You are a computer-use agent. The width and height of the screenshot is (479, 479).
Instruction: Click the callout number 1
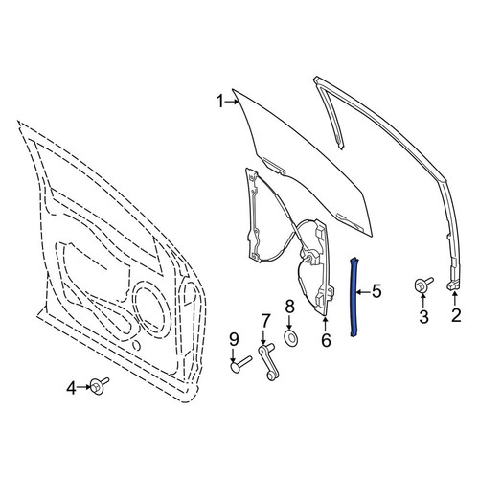[220, 102]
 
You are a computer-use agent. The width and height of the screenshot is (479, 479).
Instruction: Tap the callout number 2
[456, 315]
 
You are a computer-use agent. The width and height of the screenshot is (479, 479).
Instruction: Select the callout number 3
[423, 316]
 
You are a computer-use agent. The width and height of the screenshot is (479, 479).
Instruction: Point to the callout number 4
[72, 389]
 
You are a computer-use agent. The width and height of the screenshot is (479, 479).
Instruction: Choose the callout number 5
[376, 291]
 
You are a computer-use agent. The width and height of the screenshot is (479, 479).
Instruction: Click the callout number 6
[326, 340]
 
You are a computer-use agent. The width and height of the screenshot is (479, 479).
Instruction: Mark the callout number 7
[265, 320]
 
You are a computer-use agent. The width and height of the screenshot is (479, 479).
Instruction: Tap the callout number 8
[289, 308]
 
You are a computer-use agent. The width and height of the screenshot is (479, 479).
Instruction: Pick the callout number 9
[234, 339]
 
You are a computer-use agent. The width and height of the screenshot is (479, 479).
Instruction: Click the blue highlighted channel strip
[354, 297]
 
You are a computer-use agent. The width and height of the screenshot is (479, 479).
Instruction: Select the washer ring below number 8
[290, 337]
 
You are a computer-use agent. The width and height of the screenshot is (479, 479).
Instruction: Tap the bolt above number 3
[422, 284]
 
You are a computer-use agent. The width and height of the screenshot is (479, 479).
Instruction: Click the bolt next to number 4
[99, 386]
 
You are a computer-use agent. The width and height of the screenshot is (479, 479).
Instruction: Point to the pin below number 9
[241, 364]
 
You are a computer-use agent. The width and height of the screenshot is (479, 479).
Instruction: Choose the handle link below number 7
[269, 362]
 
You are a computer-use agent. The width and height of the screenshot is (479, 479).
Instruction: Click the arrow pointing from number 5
[363, 292]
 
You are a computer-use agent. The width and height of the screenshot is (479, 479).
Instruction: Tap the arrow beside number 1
[232, 102]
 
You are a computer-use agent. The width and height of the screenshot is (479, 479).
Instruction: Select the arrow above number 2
[454, 298]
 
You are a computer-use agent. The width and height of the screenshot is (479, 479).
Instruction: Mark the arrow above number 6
[325, 324]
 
